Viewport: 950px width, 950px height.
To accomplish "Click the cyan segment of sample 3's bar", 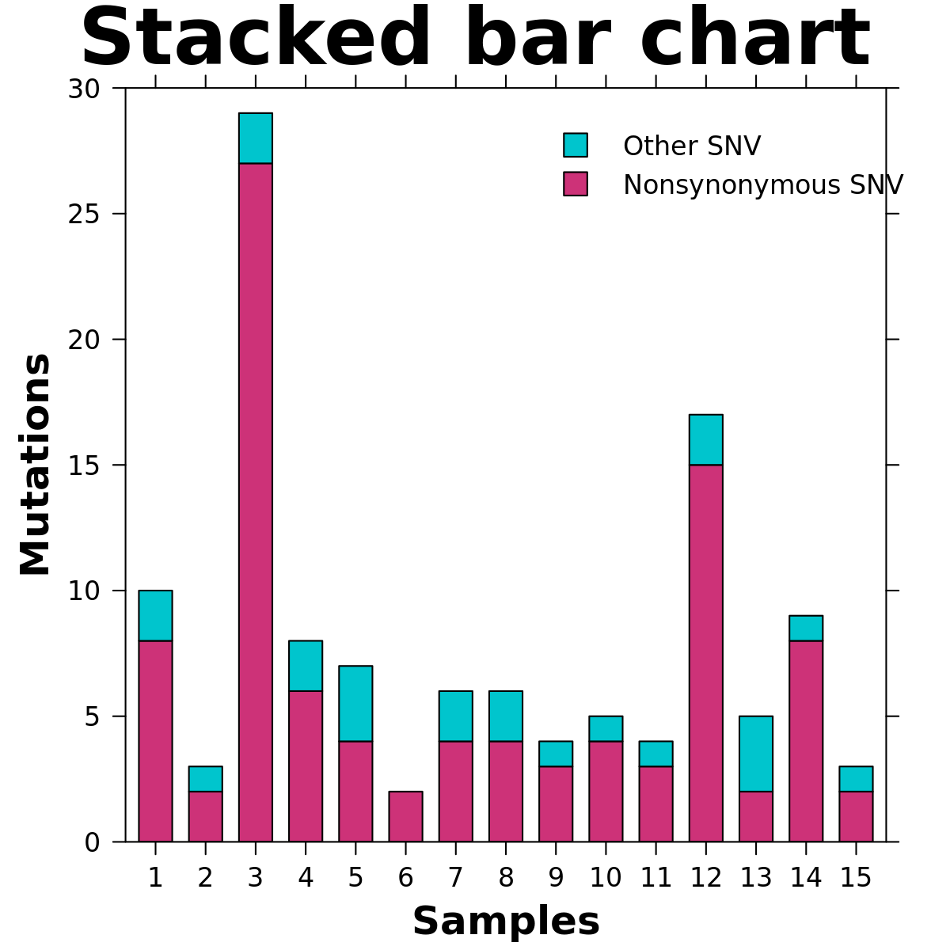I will (255, 139).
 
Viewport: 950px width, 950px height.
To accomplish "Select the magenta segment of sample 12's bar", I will (705, 653).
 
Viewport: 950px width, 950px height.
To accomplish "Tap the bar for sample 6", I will (405, 816).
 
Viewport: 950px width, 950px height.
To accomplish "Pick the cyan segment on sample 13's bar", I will (755, 754).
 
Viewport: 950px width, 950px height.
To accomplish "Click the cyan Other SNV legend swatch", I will (576, 145).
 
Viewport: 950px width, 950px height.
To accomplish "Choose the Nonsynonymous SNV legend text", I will (762, 185).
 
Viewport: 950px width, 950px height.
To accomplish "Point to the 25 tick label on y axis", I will (84, 214).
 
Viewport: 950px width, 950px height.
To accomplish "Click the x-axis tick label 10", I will (606, 878).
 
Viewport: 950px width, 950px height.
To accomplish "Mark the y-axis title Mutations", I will (36, 465).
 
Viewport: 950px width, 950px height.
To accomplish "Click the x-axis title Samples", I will (506, 921).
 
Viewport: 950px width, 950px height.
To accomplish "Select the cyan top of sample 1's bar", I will (155, 615).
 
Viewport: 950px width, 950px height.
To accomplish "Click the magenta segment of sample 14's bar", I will (806, 741).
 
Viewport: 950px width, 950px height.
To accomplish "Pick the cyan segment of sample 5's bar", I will (355, 703).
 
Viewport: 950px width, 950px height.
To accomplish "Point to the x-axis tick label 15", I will (856, 878).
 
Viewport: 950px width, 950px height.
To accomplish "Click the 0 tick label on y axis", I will (92, 842).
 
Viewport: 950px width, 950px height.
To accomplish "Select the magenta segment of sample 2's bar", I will (205, 816).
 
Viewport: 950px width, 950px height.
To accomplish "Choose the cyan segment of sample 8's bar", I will (505, 716).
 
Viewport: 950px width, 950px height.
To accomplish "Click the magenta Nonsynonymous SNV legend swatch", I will (576, 184).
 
